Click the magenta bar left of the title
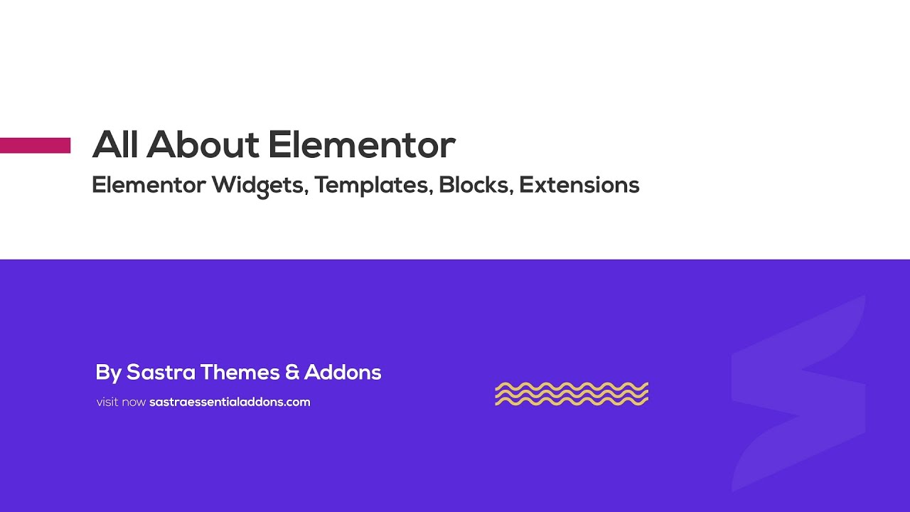click(x=35, y=145)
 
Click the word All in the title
click(x=116, y=144)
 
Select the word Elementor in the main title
click(x=362, y=144)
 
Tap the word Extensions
click(x=579, y=185)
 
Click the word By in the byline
click(x=108, y=373)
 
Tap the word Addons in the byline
click(x=343, y=372)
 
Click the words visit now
click(x=121, y=402)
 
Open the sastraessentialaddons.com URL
click(x=230, y=402)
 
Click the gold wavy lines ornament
click(x=572, y=394)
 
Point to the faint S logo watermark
click(x=798, y=393)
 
